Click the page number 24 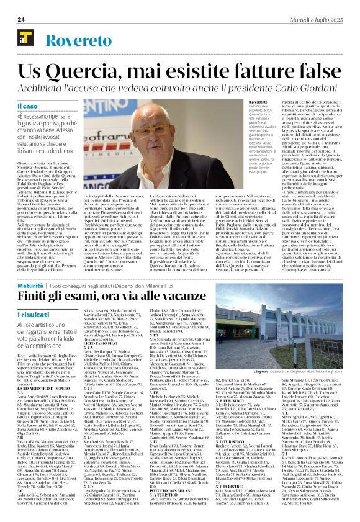click(20, 19)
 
